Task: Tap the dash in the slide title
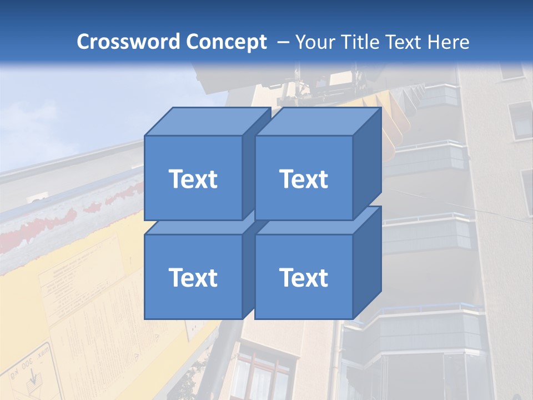[x=283, y=42]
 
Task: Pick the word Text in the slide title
[x=408, y=42]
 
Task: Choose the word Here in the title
[x=449, y=42]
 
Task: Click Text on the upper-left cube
[x=193, y=179]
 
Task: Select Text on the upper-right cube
[x=303, y=179]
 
